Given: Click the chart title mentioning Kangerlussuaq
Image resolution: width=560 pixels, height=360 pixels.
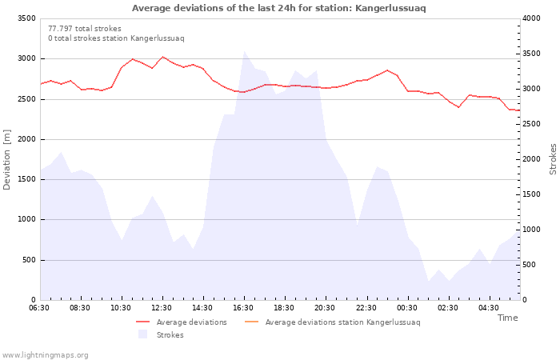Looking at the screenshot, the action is [x=279, y=8].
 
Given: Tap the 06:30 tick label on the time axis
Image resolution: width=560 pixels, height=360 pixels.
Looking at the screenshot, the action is [x=39, y=308].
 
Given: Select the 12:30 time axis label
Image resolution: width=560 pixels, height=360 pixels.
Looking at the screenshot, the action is [x=162, y=308].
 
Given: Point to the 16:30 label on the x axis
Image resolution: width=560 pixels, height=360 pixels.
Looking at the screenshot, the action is [x=243, y=308].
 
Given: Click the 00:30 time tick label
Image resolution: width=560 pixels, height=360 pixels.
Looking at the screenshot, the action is [x=406, y=308].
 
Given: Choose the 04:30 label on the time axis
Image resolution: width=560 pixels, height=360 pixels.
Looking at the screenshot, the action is [x=488, y=308].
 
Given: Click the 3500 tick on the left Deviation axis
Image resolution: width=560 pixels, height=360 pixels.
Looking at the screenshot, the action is [x=26, y=18].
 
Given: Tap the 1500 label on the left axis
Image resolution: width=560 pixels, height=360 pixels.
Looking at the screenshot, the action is [x=26, y=179].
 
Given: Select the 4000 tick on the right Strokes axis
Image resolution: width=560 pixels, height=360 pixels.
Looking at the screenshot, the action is [x=531, y=18].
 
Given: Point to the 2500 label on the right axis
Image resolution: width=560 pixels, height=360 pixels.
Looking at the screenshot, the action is [x=531, y=124].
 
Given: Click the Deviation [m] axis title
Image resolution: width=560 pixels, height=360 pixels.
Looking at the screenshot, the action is [x=6, y=160].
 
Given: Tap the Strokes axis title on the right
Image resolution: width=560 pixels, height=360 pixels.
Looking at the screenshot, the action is [x=553, y=159].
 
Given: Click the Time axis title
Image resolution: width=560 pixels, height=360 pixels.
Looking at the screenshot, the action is [x=507, y=318].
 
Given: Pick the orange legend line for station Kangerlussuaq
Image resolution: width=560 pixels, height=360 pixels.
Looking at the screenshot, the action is [x=251, y=322].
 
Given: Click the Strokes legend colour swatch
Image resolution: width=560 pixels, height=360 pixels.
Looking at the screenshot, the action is [x=143, y=334].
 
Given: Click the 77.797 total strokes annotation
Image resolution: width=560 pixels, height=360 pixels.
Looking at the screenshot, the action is [x=85, y=29].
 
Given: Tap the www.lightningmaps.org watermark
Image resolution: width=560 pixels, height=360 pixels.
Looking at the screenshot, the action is [x=45, y=355].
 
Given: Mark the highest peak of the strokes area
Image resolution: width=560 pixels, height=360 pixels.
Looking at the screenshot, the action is [x=245, y=51].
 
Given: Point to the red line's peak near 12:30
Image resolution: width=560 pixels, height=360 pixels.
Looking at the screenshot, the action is [x=163, y=57].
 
